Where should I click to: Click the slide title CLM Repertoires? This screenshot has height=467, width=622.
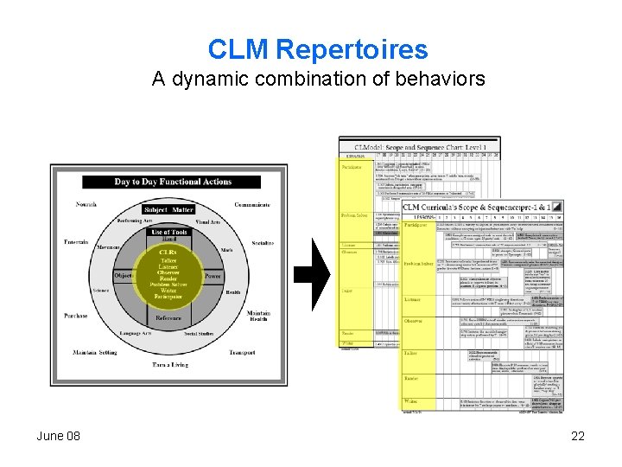coord(318,49)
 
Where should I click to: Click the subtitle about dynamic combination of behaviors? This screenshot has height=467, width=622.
coord(318,80)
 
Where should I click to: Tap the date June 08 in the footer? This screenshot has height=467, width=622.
coord(58,436)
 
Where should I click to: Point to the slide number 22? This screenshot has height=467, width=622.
coord(578,436)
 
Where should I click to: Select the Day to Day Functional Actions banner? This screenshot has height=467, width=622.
coord(173,182)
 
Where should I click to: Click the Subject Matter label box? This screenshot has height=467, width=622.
coord(168,209)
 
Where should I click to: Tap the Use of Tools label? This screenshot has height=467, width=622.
coord(168,233)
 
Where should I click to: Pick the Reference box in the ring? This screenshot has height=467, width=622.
coord(168,318)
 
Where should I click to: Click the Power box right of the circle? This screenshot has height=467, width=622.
coord(213,276)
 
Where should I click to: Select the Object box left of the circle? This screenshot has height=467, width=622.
coord(124,276)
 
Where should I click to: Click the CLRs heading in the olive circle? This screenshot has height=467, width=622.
coord(168,252)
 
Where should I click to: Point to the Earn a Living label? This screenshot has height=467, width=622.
coord(168,364)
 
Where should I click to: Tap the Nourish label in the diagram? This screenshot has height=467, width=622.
coord(86,205)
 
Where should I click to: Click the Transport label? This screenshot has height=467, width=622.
coord(242,353)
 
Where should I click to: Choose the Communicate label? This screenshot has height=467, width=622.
coord(251,205)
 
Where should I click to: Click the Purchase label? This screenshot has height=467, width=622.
coord(75,316)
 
